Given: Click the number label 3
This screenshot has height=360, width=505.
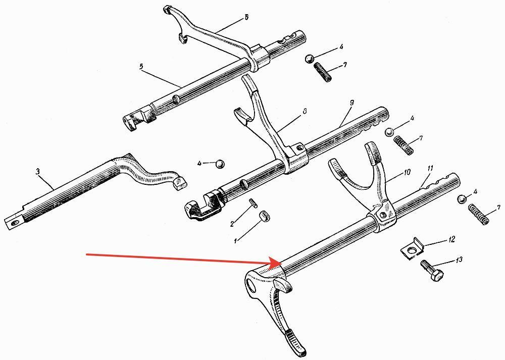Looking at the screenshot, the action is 37,172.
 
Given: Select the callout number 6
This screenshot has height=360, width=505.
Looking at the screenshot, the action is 246,17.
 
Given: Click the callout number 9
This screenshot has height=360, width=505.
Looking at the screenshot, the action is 352,102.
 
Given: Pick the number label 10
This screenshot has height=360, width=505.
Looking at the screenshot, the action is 407,172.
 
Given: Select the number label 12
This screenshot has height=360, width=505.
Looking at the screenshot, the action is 451,238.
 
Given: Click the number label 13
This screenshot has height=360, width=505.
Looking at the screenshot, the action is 459,260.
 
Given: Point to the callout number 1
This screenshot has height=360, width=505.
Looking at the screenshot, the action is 235,241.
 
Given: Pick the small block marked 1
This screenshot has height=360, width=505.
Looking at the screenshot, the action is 263,216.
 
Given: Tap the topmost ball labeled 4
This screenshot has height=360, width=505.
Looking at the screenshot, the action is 309,59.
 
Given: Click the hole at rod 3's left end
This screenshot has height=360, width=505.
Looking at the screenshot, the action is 13,220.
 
